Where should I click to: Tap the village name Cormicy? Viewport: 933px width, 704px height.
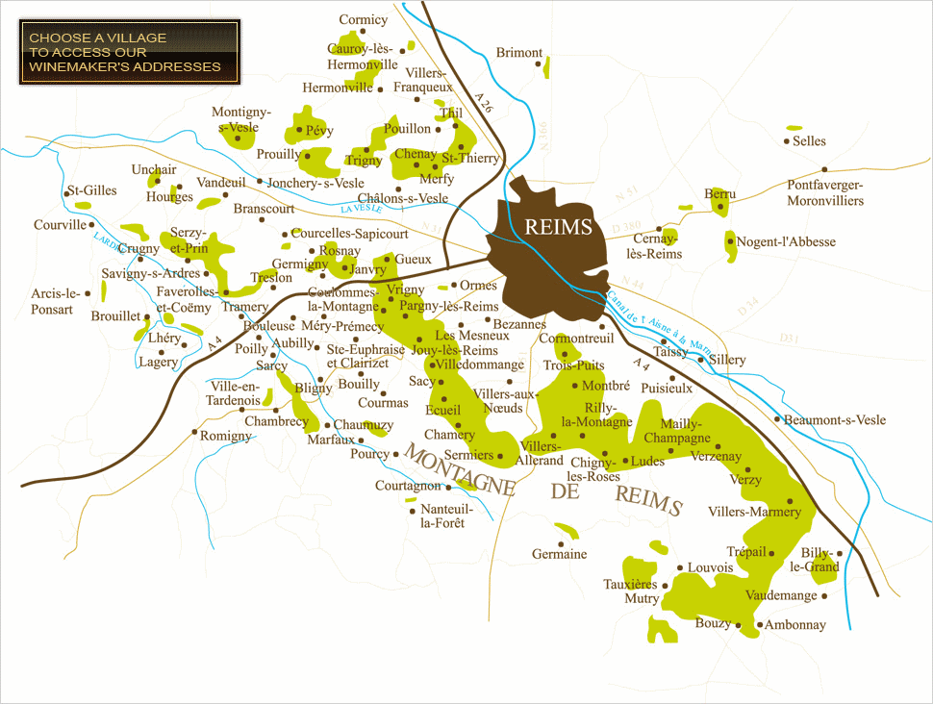364,19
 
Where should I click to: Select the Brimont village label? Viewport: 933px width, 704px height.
519,53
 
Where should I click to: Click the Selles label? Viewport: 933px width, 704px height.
809,141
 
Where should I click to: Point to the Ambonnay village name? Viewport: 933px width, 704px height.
795,625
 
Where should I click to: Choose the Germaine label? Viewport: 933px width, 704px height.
559,554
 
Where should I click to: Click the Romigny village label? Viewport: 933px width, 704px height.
226,436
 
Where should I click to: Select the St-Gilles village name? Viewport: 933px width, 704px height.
92,190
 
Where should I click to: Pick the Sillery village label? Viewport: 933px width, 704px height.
728,360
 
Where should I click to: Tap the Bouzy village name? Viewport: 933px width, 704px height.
713,623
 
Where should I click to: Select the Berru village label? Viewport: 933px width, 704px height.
719,194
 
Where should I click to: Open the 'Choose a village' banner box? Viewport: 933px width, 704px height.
129,52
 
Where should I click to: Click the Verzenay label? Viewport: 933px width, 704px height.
716,457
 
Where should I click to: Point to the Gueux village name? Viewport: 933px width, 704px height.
414,260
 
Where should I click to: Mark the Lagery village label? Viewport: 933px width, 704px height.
158,363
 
